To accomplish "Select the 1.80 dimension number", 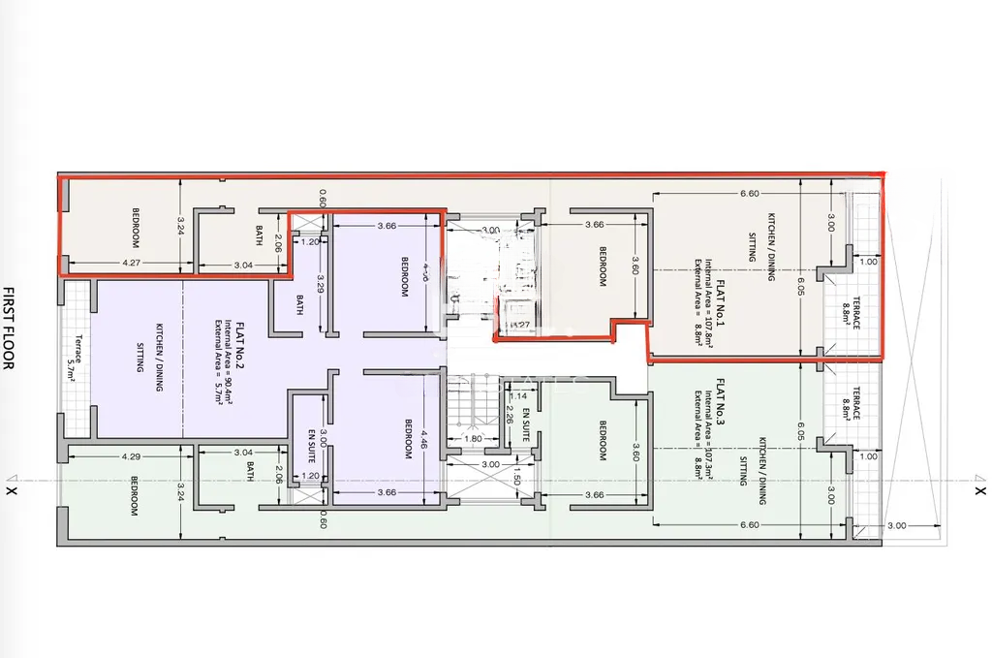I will pos(474,438).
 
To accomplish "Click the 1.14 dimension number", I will pos(519,396).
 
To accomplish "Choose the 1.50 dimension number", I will pos(517,480).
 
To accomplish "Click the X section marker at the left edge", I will pos(11,490).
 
